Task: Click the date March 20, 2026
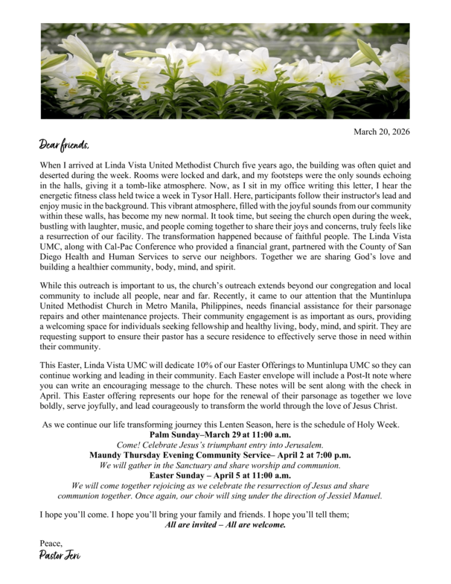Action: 381,132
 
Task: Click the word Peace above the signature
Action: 51,543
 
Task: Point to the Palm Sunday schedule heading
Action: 220,434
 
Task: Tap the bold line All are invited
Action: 225,524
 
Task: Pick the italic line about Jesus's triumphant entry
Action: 220,445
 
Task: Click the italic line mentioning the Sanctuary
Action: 220,465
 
